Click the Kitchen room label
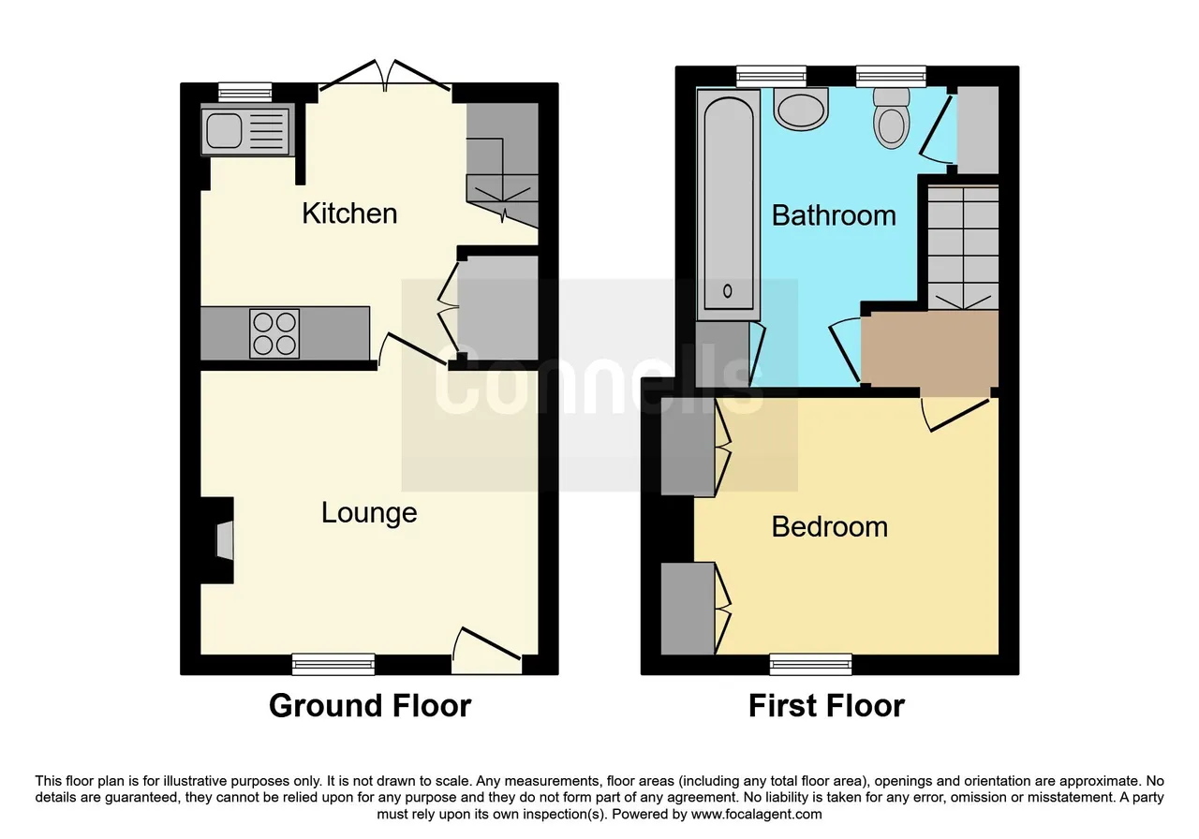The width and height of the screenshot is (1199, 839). (349, 213)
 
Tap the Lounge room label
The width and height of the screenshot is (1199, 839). (369, 513)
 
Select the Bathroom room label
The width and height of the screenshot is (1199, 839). (834, 215)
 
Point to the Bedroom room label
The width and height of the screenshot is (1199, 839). (830, 527)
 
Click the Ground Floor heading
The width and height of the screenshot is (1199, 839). (370, 706)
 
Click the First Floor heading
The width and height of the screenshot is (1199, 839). (826, 706)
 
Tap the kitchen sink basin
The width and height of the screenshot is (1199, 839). (224, 130)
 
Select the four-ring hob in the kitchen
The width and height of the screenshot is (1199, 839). (274, 333)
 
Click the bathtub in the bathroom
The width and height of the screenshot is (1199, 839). (728, 205)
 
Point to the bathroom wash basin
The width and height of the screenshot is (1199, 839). (801, 110)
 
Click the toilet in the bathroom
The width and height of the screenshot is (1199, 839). (891, 118)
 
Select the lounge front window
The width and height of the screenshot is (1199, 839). (333, 664)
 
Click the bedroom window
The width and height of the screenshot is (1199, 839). (810, 664)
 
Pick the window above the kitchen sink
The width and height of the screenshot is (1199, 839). (245, 92)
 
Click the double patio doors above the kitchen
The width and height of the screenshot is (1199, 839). (385, 76)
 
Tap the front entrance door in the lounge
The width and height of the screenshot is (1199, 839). (486, 651)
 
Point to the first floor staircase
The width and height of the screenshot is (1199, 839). (963, 247)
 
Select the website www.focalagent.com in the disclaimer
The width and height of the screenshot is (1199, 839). (756, 814)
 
